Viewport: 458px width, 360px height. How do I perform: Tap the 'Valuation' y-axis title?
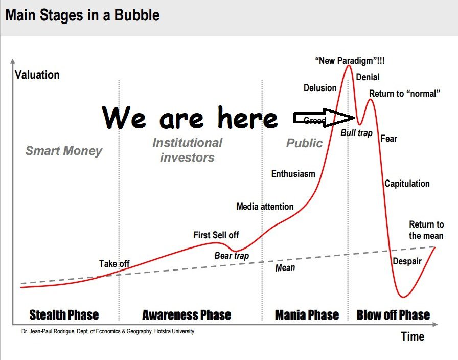[x=37, y=75]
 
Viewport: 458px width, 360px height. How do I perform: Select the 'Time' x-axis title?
[x=413, y=336]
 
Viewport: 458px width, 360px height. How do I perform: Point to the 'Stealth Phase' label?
[x=64, y=314]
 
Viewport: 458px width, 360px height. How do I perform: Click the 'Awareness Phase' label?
[x=187, y=314]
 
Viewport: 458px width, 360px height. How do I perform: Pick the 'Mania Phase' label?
[x=307, y=314]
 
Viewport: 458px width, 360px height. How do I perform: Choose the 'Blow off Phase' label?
[x=393, y=314]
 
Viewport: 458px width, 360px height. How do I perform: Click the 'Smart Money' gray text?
[x=64, y=150]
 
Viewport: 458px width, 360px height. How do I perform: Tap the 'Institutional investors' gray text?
[x=187, y=150]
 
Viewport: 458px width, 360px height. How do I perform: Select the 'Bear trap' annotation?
[x=232, y=255]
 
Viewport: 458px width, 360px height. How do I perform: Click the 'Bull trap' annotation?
[x=356, y=133]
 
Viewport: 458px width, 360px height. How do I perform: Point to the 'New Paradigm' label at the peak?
[x=350, y=61]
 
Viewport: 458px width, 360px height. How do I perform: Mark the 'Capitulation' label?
[x=407, y=184]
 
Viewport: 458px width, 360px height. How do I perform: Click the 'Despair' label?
[x=407, y=261]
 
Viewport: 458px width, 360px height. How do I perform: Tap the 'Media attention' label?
[x=265, y=207]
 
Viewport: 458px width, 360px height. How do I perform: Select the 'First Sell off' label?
[x=216, y=235]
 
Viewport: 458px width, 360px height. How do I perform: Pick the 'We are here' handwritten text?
[x=190, y=119]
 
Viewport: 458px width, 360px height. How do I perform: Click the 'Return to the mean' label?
[x=426, y=230]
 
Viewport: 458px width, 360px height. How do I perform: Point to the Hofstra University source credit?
[x=108, y=331]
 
